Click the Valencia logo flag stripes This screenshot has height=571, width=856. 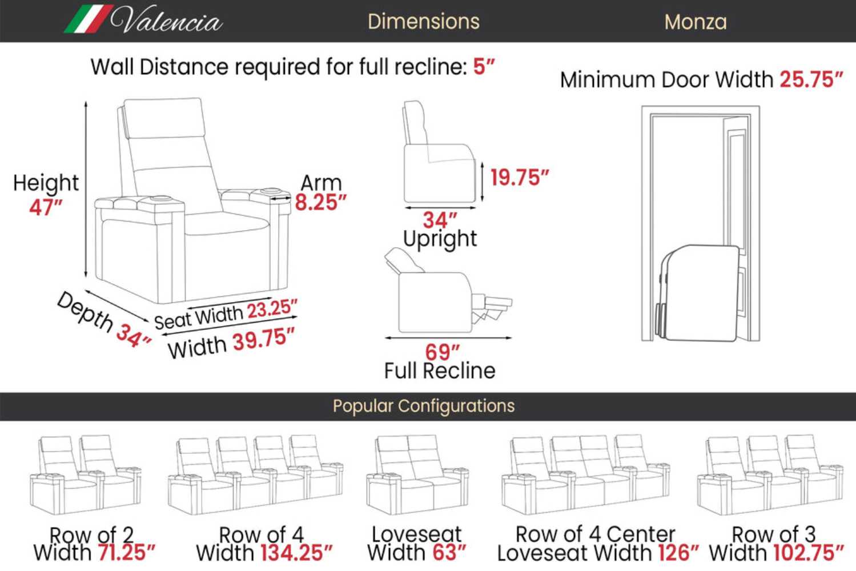click(x=89, y=19)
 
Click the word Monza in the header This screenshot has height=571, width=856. click(x=695, y=22)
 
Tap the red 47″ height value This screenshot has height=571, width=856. click(x=46, y=207)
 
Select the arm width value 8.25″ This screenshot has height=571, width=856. click(x=320, y=202)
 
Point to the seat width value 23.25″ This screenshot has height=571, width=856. click(x=272, y=309)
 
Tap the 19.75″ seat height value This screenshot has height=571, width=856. click(x=519, y=178)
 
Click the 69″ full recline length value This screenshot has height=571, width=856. click(x=442, y=352)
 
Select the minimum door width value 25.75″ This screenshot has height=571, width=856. click(x=811, y=80)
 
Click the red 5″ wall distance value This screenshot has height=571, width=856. click(x=484, y=66)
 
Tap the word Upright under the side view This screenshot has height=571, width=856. click(x=440, y=239)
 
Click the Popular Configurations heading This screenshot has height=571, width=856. click(x=423, y=406)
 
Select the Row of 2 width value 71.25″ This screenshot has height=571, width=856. click(x=127, y=553)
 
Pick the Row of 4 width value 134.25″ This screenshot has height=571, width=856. click(x=296, y=553)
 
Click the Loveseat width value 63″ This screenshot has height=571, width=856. click(x=449, y=553)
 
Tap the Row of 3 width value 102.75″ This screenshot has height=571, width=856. click(x=809, y=553)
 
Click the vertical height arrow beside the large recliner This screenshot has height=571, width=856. click(x=86, y=190)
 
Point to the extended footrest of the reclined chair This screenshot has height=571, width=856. click(x=492, y=308)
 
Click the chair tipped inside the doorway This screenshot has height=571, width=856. click(x=697, y=293)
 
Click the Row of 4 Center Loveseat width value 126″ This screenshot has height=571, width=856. click(x=678, y=553)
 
